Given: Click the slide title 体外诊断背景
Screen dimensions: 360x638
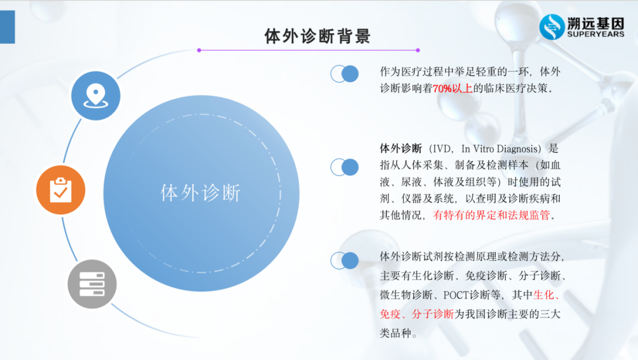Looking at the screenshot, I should pyautogui.click(x=317, y=35).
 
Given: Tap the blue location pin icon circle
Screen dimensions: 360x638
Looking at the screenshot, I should pyautogui.click(x=96, y=96).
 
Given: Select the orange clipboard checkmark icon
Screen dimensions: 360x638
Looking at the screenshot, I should pyautogui.click(x=61, y=190).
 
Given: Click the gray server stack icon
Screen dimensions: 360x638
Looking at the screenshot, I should pyautogui.click(x=92, y=284).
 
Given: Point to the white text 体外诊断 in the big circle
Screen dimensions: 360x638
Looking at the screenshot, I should pyautogui.click(x=201, y=193).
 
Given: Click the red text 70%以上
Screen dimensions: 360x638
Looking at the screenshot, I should pyautogui.click(x=454, y=89).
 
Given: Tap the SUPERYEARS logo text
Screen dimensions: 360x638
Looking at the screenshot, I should pyautogui.click(x=595, y=34).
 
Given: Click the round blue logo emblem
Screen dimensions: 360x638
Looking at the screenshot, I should pyautogui.click(x=552, y=27).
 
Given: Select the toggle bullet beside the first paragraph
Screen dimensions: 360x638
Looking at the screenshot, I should pyautogui.click(x=344, y=74).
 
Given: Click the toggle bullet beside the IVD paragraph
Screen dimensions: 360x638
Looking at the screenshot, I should pyautogui.click(x=344, y=167).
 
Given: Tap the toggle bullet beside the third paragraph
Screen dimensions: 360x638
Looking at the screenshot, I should pyautogui.click(x=344, y=260).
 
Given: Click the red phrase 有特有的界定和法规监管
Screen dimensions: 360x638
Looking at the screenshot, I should pyautogui.click(x=494, y=215).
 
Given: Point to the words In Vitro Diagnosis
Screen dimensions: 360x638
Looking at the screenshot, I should pyautogui.click(x=506, y=148).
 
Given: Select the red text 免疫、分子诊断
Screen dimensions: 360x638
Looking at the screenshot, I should pyautogui.click(x=416, y=314).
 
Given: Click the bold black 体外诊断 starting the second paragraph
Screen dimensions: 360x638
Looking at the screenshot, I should pyautogui.click(x=401, y=148).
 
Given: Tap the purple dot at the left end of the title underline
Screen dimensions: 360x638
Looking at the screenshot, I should pyautogui.click(x=199, y=50).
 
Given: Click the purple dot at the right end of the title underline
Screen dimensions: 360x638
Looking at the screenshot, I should pyautogui.click(x=418, y=50).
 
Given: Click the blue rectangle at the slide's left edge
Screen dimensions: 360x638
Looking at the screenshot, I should pyautogui.click(x=7, y=27).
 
